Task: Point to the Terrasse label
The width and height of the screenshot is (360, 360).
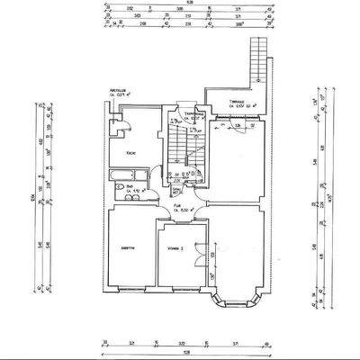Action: (237, 101)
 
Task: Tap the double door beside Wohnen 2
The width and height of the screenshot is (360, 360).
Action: (211, 255)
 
